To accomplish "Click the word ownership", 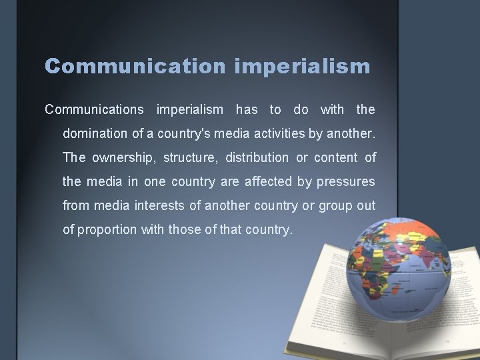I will click(x=115, y=157).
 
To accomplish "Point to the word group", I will click(x=331, y=205).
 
